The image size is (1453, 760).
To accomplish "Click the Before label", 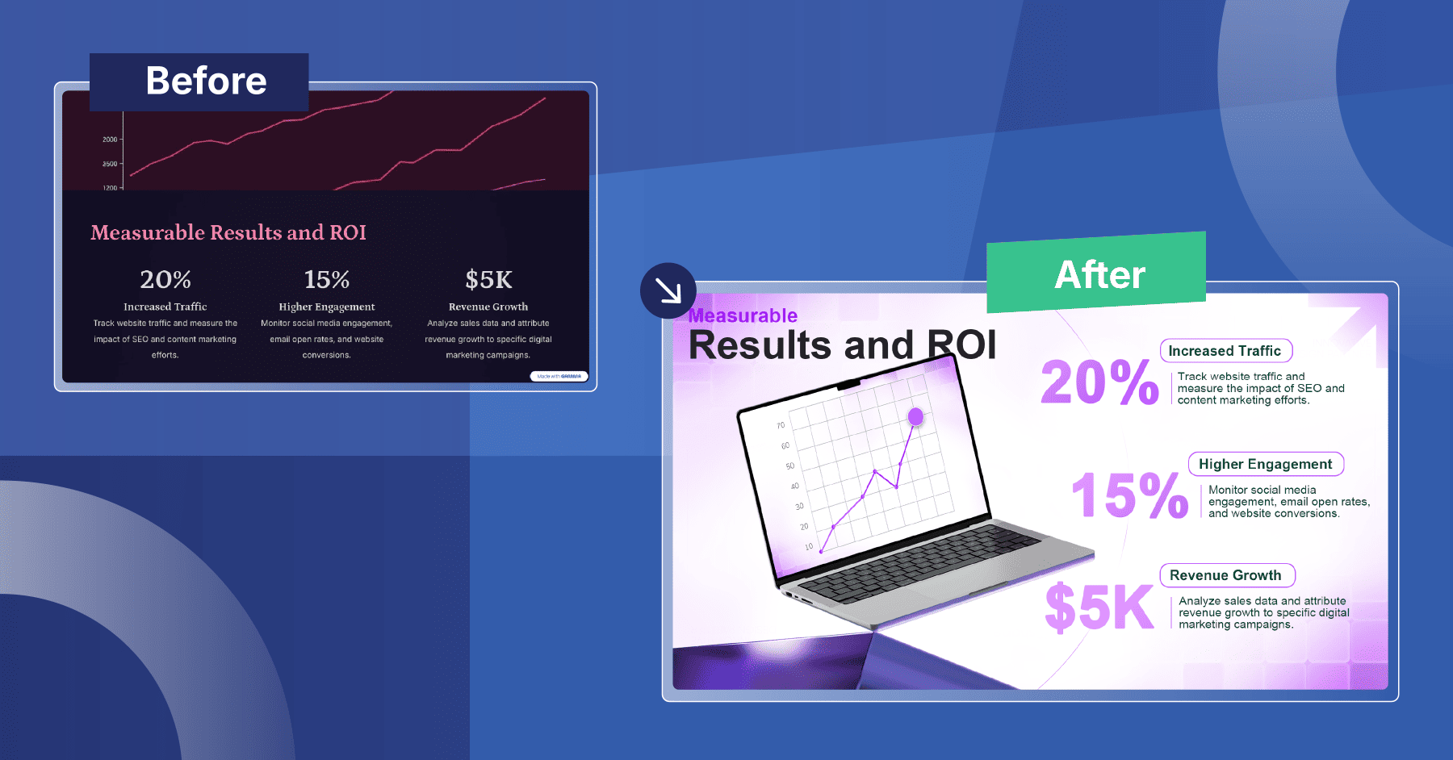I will pos(206,81).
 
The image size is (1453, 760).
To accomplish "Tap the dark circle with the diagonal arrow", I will pos(668,290).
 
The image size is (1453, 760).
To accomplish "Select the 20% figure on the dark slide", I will pos(165,280).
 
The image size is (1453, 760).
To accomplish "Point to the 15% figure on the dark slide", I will pos(327,280).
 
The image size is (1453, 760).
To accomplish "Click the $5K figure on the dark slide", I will pos(488,280).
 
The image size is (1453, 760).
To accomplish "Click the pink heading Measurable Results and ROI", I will pos(228,232).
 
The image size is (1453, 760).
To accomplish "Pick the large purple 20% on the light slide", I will pos(1099,382).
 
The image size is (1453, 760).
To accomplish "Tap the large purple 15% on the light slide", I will pos(1129,495).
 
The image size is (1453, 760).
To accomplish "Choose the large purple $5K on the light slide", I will pos(1099,608).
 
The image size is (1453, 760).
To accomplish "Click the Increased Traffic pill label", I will pos(1225,351).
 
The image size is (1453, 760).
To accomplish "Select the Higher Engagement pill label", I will pos(1265,464).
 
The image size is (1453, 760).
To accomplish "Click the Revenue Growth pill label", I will pos(1226,575).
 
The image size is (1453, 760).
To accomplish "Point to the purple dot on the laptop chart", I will pos(915,416).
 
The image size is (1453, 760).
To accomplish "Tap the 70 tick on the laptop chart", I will pos(781,425).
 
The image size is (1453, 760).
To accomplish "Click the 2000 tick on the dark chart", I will pos(110,140).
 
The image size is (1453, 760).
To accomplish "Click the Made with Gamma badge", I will pos(559,376).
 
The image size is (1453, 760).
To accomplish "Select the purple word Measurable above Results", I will pos(743,315).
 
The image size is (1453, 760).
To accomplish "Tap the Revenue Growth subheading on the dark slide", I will pos(488,307).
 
